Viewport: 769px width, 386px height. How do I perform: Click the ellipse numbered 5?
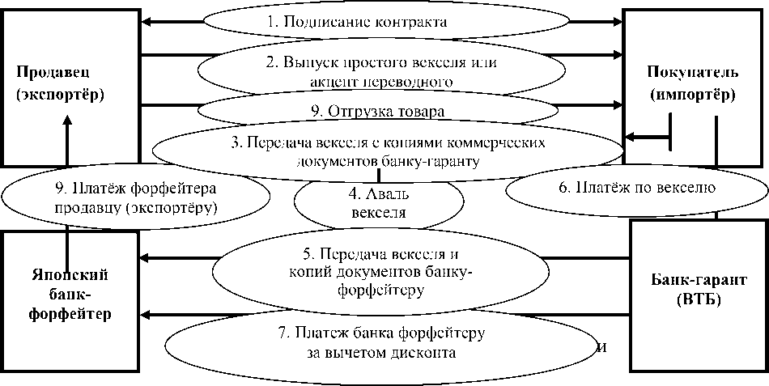(380, 269)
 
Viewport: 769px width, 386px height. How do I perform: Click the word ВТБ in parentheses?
(698, 301)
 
